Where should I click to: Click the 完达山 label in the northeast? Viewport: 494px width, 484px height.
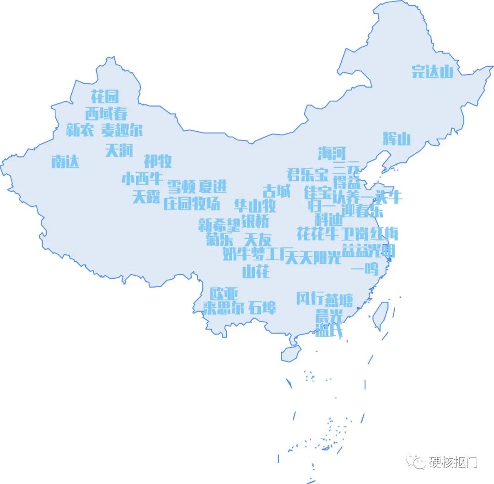point(432,71)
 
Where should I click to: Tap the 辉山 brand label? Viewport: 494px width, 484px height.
point(397,138)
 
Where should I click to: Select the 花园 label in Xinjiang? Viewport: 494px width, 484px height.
point(105,96)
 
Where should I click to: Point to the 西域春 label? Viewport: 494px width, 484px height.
point(106,113)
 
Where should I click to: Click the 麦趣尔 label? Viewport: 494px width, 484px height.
point(122,130)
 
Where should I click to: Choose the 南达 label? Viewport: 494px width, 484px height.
point(65,161)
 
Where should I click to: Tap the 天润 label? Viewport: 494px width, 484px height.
point(118,150)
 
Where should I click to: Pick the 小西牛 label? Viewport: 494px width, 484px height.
point(142,178)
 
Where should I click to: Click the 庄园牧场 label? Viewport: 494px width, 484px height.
point(191,204)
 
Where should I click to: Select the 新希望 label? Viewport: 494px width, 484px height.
point(219,225)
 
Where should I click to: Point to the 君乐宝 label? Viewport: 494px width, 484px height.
point(307,174)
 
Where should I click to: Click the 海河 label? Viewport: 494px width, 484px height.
point(332,153)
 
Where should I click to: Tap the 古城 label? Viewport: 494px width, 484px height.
point(276,191)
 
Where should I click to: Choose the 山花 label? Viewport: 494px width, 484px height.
point(256,271)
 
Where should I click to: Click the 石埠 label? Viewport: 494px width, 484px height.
point(262,307)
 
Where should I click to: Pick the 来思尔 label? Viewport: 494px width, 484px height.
point(218,308)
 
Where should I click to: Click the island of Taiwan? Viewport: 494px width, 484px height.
point(380,316)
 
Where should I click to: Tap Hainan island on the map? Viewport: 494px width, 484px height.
point(291,353)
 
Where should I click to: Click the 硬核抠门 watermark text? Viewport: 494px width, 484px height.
point(453,462)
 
